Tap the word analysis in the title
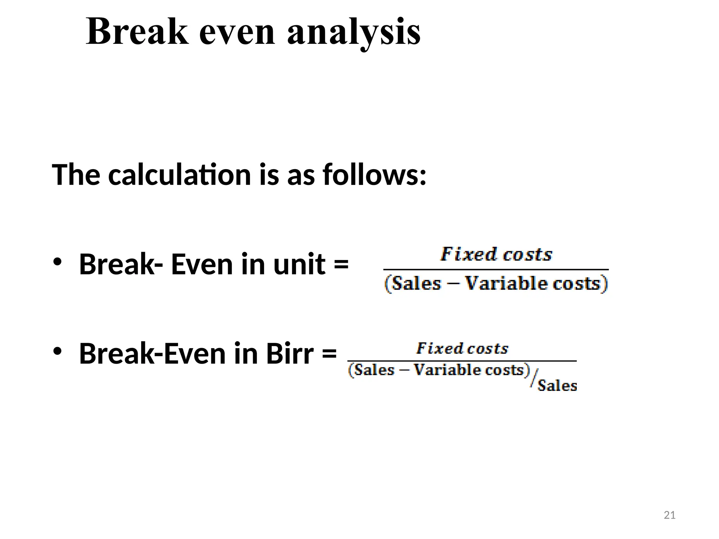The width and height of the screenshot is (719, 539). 354,32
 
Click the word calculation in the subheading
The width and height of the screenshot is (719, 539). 179,174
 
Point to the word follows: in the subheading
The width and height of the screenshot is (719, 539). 374,174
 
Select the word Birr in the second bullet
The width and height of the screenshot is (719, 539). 290,353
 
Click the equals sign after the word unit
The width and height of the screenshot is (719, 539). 341,264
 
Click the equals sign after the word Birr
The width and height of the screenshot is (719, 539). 329,353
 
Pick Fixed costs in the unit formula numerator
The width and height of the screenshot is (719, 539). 496,254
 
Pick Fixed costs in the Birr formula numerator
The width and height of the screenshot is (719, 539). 462,348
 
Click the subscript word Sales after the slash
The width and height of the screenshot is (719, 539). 557,386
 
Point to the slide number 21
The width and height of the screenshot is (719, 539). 669,515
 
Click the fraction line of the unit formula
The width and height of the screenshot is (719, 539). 496,269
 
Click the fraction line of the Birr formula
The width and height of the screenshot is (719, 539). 462,361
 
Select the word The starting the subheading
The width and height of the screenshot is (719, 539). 76,174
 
